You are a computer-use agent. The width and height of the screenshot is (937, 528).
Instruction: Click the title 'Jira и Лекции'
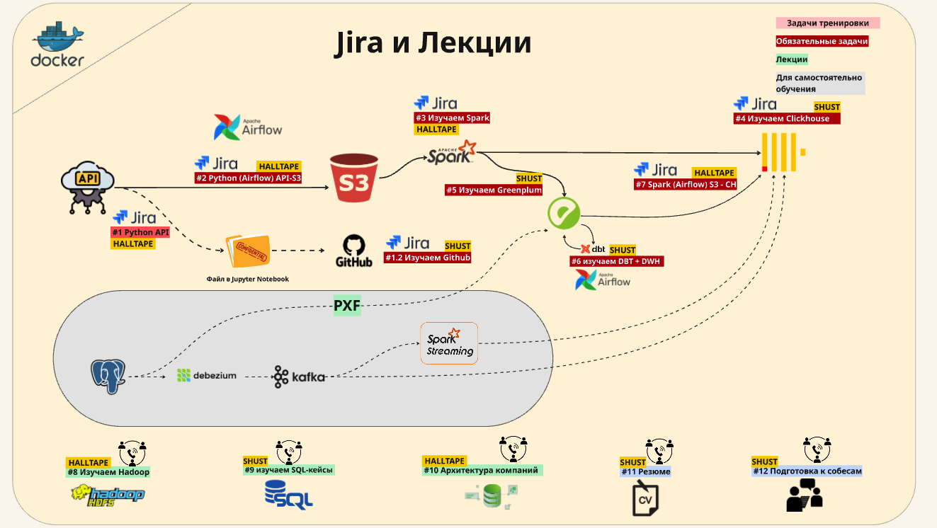click(x=433, y=43)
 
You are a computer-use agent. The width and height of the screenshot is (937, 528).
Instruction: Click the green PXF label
click(x=347, y=306)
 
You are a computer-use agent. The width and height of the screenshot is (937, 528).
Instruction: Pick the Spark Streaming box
click(x=449, y=343)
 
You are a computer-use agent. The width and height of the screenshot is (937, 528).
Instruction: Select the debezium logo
click(x=206, y=376)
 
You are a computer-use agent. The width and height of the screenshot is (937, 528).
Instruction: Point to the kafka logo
click(x=300, y=377)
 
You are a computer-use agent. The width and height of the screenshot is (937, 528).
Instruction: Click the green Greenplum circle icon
click(x=564, y=212)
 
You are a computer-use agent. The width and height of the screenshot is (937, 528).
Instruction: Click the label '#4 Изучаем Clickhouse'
click(x=786, y=119)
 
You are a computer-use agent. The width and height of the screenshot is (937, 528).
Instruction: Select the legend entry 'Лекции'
click(x=791, y=59)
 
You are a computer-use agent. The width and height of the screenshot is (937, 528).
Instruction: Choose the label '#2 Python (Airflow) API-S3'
click(x=249, y=178)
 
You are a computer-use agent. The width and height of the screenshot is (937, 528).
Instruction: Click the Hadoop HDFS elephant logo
click(x=108, y=494)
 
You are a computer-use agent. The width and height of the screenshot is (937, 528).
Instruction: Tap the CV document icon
click(x=645, y=498)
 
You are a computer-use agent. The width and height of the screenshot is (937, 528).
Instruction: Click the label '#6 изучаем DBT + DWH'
click(x=617, y=261)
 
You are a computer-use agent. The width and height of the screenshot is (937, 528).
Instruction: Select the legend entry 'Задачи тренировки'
click(x=827, y=23)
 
